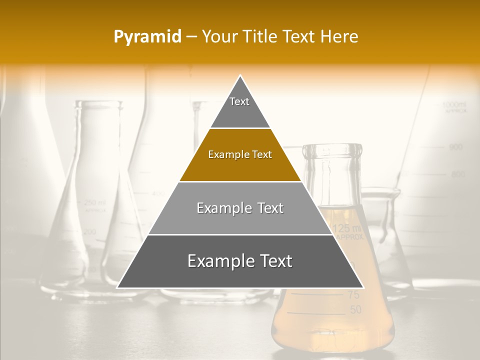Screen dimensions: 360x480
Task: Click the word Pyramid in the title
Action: point(147,37)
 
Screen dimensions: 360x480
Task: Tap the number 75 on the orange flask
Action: point(353,295)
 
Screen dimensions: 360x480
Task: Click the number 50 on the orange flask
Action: point(355,310)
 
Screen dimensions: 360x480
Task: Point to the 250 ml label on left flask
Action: point(95,202)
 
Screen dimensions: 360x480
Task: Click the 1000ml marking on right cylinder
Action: point(454,104)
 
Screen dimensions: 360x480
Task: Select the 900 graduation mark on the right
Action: point(455,147)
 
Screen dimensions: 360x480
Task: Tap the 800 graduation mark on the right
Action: point(458,174)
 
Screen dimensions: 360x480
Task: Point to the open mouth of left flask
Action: point(99,104)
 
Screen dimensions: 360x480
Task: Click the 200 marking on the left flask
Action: point(90,231)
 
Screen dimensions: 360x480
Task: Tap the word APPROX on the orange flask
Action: point(349,238)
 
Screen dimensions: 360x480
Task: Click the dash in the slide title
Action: point(191,37)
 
